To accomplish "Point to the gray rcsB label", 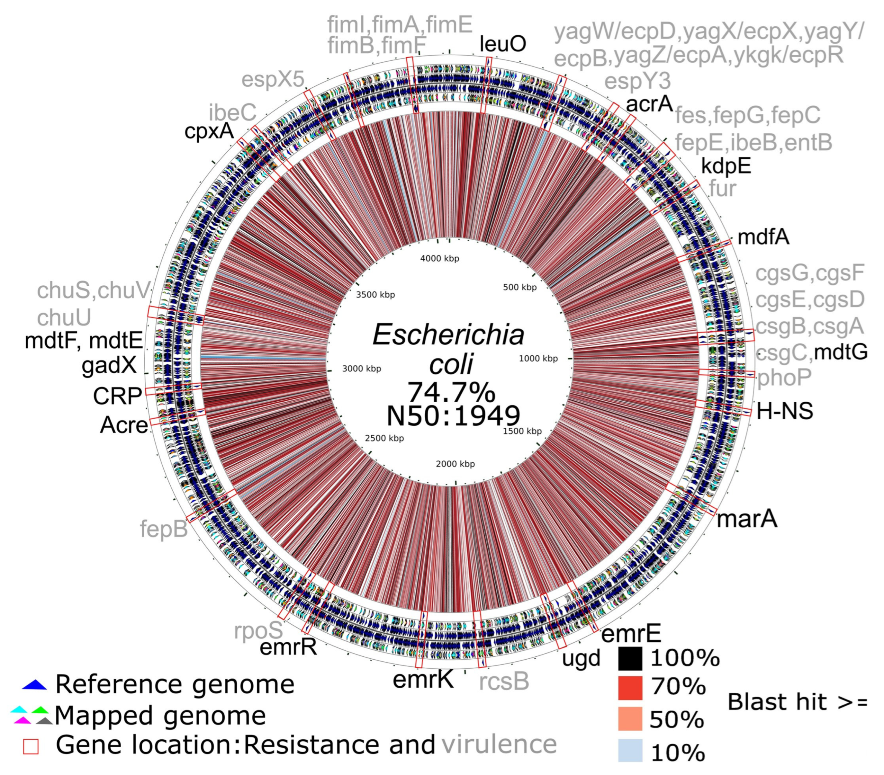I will click(504, 681).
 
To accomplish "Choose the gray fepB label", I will click(164, 529).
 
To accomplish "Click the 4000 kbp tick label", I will click(439, 258).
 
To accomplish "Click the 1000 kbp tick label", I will click(538, 358).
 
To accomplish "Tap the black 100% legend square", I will click(630, 658).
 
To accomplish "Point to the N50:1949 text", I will click(453, 416).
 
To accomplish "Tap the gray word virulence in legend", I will click(499, 744).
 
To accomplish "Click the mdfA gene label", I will click(763, 237).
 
